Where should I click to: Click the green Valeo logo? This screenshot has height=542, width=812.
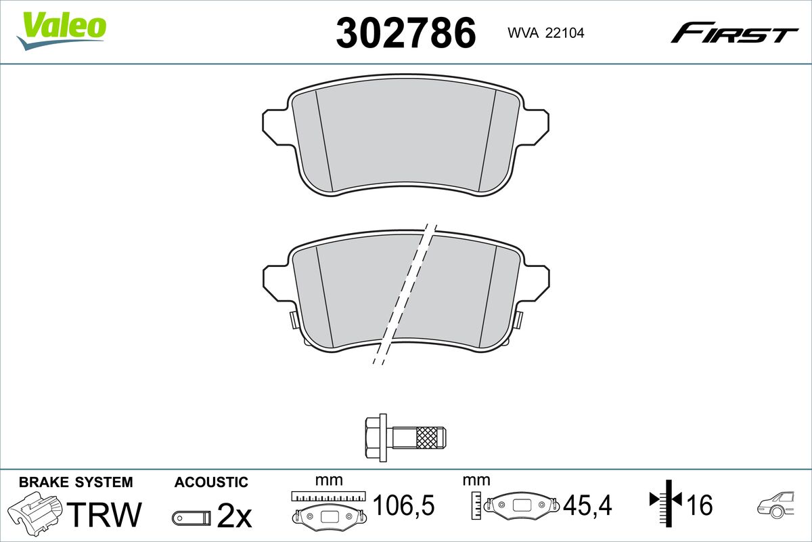tap(62, 30)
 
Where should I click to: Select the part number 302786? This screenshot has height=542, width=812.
tap(405, 33)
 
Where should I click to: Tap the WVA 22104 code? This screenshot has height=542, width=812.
tap(546, 33)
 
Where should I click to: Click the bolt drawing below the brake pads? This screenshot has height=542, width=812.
tap(405, 437)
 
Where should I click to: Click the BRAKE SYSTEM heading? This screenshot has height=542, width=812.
tap(76, 482)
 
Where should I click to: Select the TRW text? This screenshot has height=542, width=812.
tap(104, 514)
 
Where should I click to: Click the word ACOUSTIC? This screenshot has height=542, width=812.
tap(211, 482)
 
